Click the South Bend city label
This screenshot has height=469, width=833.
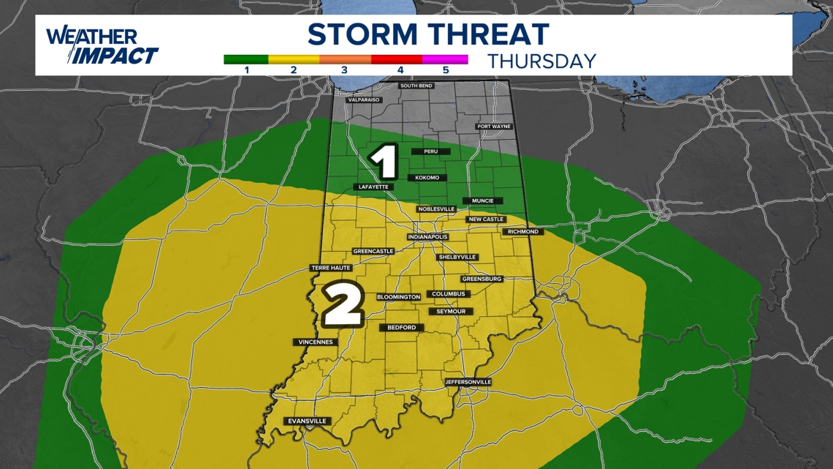click(416, 86)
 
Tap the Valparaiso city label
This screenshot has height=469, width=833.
click(365, 100)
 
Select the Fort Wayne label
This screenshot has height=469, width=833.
click(494, 127)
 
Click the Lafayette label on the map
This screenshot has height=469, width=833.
click(374, 187)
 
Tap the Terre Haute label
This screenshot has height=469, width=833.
click(331, 268)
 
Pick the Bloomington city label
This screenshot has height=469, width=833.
click(399, 297)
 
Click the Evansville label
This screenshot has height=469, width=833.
click(307, 421)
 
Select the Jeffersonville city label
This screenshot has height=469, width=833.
click(468, 382)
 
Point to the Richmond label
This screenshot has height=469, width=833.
click(522, 232)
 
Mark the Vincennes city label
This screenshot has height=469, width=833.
click(316, 342)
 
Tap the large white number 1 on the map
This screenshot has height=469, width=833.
click(384, 162)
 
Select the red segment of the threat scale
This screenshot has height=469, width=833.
click(397, 59)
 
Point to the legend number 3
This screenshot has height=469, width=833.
click(345, 70)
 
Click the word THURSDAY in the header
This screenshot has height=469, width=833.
click(542, 61)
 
